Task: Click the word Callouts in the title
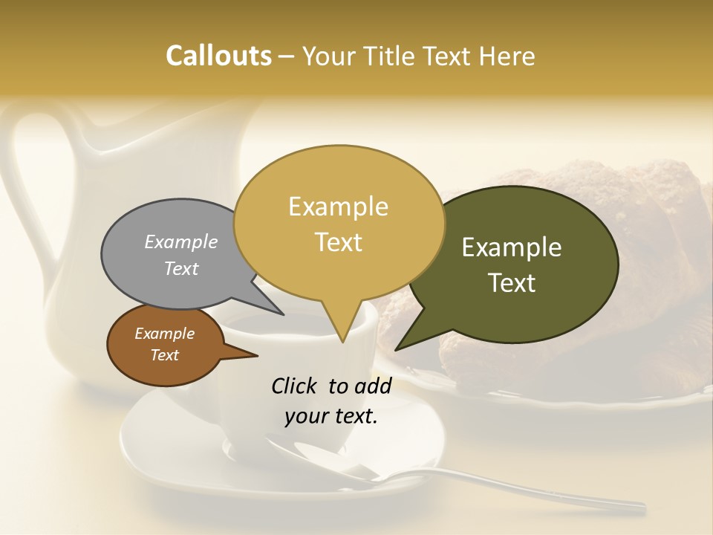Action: pos(218,56)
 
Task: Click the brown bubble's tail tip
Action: pos(257,356)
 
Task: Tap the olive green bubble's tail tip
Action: pos(397,349)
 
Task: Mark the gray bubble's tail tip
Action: pos(283,314)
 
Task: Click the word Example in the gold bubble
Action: pos(338,207)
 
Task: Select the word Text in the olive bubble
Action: pos(512,283)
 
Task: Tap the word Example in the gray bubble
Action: pos(181,242)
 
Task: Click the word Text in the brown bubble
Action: pos(165,355)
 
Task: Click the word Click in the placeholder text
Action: pos(293,386)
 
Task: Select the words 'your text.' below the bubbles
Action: pos(331,416)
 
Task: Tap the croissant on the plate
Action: pos(654,223)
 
